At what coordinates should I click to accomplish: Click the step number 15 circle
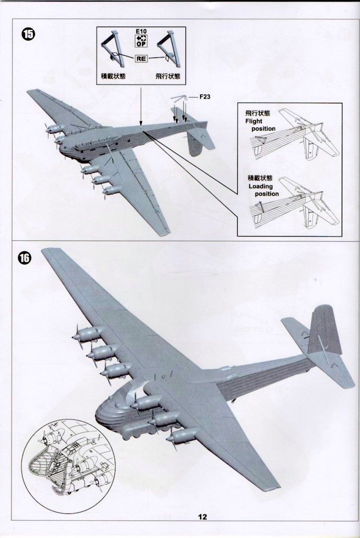click(28, 34)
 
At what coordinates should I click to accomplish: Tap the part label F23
click(204, 97)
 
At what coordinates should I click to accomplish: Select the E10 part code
click(141, 32)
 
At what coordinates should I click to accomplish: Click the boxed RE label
click(141, 59)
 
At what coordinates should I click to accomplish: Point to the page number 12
click(203, 517)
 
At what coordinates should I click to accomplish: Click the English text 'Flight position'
click(260, 125)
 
